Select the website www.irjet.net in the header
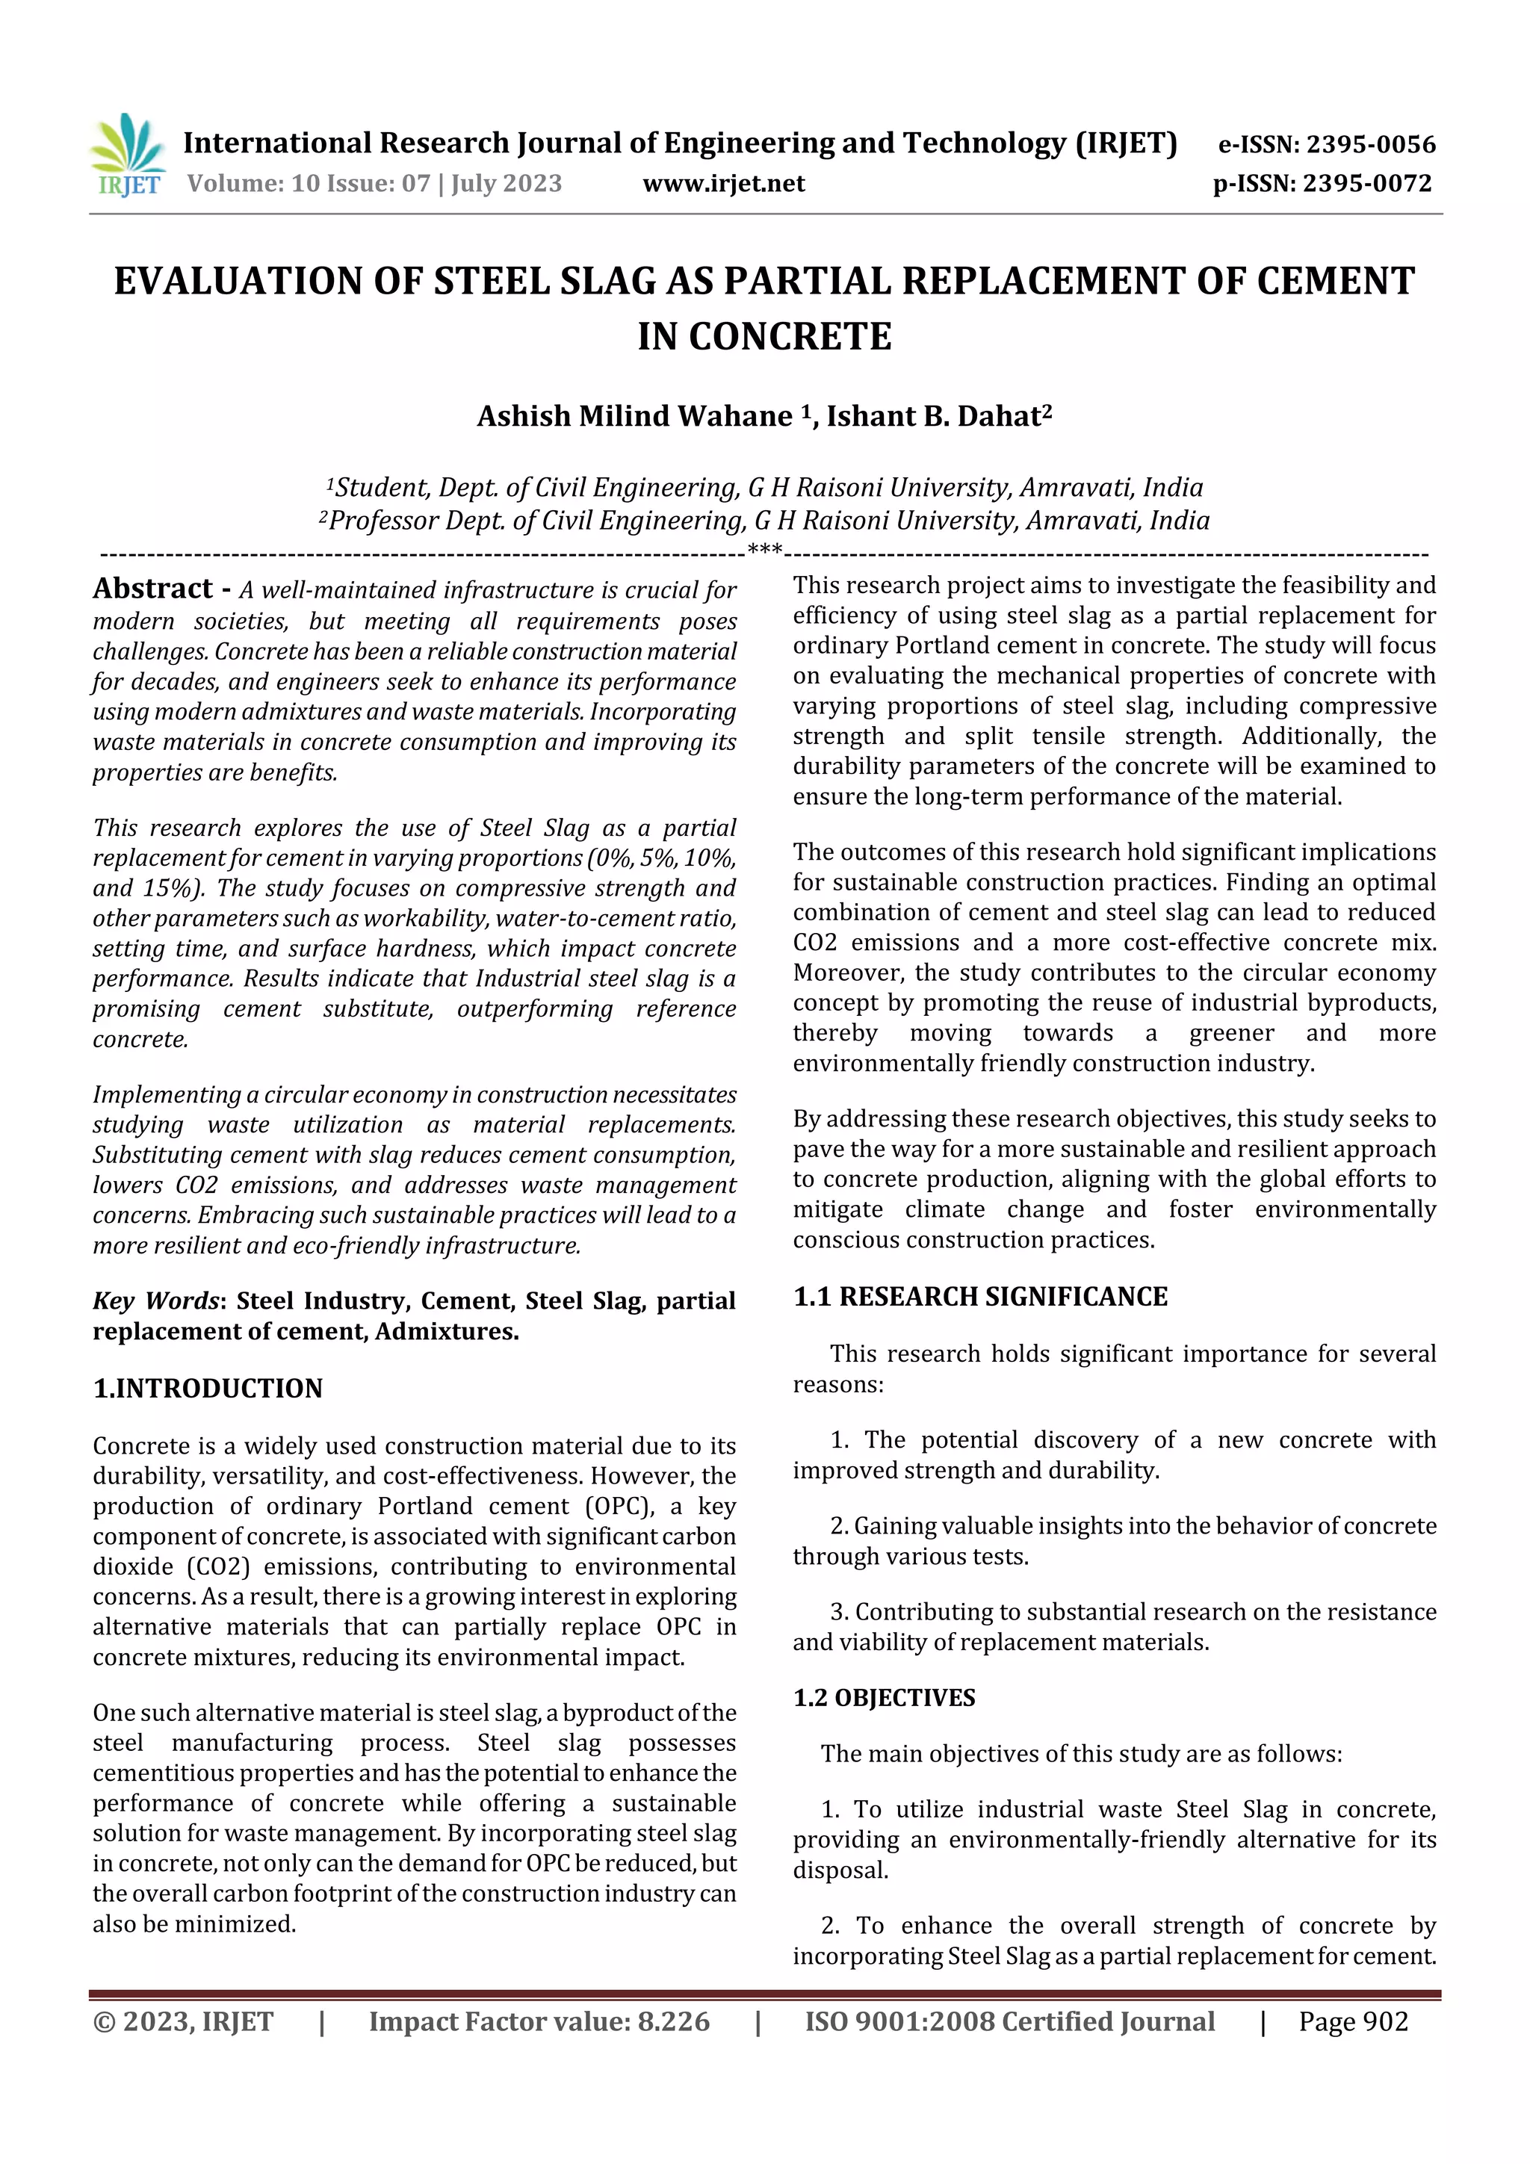pyautogui.click(x=723, y=184)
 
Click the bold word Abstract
pyautogui.click(x=152, y=589)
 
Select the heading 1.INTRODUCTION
pyautogui.click(x=208, y=1389)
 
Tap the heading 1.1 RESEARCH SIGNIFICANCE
pyautogui.click(x=979, y=1297)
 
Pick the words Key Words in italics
pyautogui.click(x=155, y=1300)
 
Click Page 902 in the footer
pyautogui.click(x=1353, y=2021)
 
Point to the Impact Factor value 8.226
pyautogui.click(x=673, y=2021)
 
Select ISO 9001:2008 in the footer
pyautogui.click(x=899, y=2021)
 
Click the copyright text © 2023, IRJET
pyautogui.click(x=183, y=2021)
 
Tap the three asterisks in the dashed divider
pyautogui.click(x=764, y=551)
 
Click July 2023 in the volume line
pyautogui.click(x=507, y=184)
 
